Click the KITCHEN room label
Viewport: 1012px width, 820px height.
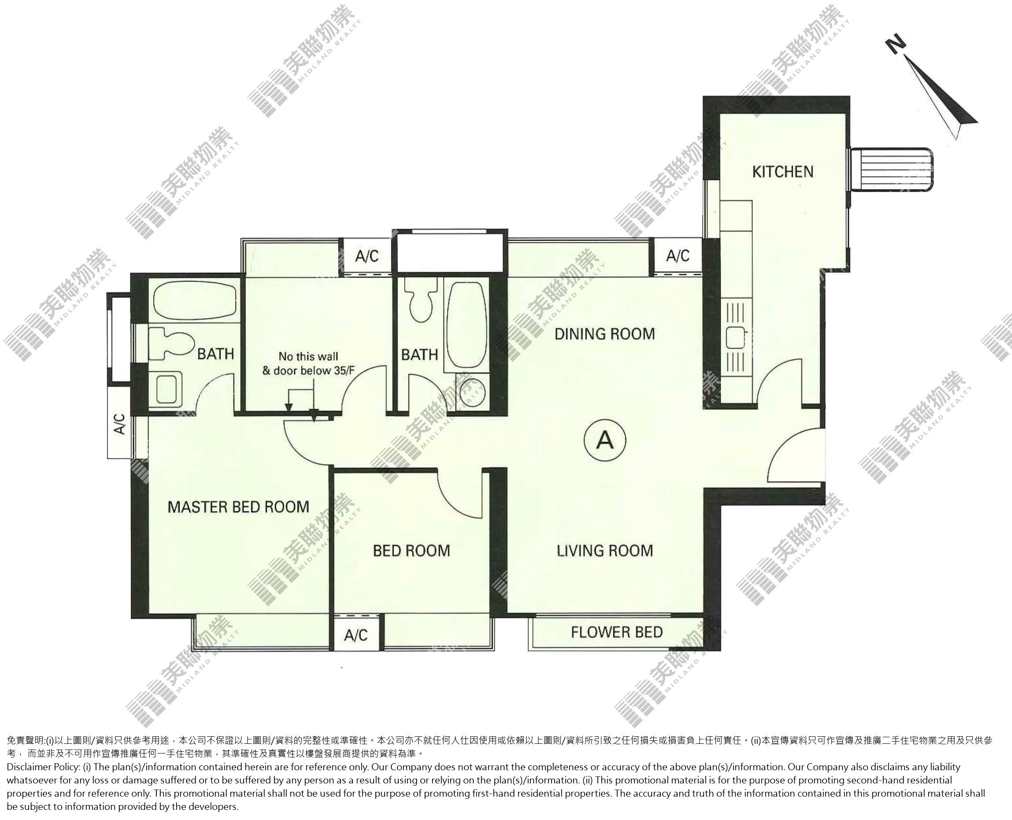coord(783,171)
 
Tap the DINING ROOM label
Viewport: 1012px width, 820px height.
coord(605,334)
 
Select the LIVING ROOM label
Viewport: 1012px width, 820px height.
coord(605,550)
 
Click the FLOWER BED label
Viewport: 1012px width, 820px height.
coord(616,632)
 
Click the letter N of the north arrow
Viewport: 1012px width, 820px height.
coord(896,46)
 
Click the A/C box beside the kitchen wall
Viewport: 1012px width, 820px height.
coord(678,256)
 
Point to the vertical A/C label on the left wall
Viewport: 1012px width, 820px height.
coord(120,424)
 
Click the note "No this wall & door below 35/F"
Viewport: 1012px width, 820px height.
coord(308,363)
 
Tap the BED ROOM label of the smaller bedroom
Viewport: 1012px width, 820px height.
coord(411,550)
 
